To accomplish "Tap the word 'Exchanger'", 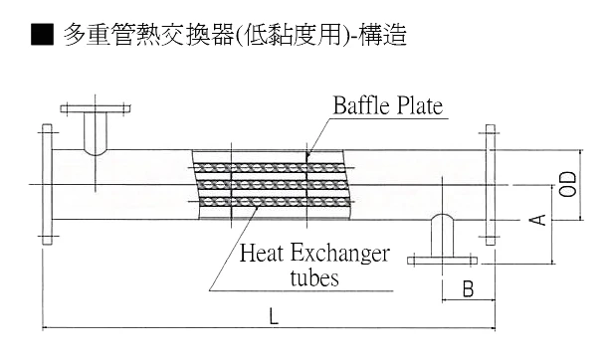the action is click(344, 254).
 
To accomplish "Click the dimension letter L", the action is click(273, 317).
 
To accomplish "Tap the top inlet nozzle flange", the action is click(96, 108).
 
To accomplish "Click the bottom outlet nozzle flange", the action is click(441, 262).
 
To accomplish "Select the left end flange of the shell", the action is click(46, 185).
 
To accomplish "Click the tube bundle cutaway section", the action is click(269, 185).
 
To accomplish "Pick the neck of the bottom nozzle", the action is click(441, 237).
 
